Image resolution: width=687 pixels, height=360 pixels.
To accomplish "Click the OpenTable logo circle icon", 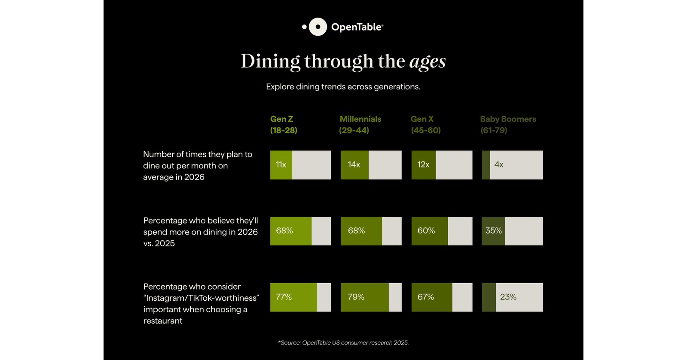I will click(318, 27).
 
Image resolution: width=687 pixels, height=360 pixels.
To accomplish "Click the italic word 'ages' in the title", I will click(427, 61).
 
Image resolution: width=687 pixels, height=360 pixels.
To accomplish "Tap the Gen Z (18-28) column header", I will click(284, 125).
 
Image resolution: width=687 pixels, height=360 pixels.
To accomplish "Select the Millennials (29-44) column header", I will click(360, 125).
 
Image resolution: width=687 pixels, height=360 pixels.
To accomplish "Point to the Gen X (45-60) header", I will click(425, 125).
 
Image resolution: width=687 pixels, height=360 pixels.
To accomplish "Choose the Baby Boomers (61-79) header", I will click(508, 125).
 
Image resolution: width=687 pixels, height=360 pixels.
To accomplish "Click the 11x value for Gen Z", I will click(281, 165).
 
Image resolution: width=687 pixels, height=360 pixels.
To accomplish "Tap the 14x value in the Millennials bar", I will click(354, 165).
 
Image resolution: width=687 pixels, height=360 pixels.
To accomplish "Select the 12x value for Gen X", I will click(423, 165).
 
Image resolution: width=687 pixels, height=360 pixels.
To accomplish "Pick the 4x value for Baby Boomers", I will click(499, 165).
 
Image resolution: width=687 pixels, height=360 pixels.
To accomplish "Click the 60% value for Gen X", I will click(426, 231).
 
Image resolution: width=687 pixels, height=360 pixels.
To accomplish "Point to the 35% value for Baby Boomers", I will click(493, 231).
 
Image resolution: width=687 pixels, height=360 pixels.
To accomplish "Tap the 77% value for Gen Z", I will click(284, 297).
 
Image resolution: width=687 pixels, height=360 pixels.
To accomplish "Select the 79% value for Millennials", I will click(356, 297).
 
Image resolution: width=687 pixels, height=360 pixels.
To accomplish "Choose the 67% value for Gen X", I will click(426, 297).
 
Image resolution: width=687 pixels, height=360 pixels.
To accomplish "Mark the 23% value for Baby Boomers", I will click(508, 297).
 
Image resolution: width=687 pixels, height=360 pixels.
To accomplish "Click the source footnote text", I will click(343, 343).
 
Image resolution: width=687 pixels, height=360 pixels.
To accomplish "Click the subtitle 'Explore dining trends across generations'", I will click(343, 87).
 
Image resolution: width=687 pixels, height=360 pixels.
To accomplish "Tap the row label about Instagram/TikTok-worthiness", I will click(201, 303).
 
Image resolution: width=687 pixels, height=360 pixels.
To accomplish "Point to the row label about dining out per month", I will click(198, 165).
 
